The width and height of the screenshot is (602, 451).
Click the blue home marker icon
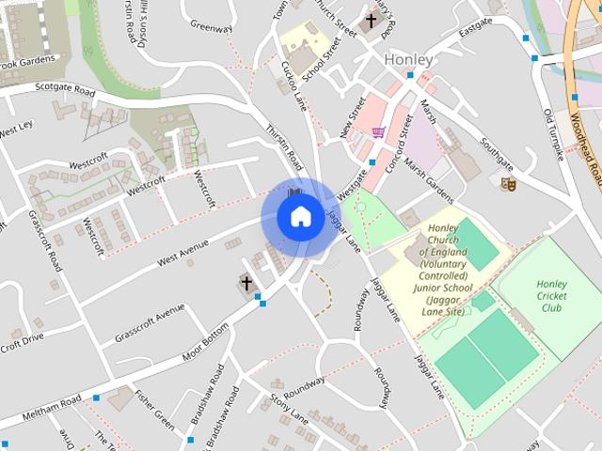(x=299, y=217)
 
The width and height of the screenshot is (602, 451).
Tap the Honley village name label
(x=408, y=60)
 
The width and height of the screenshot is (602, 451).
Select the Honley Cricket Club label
(x=551, y=296)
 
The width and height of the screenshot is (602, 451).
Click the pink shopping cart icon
(x=379, y=133)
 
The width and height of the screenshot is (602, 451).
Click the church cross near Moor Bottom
(x=246, y=282)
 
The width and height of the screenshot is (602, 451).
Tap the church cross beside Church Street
(x=371, y=21)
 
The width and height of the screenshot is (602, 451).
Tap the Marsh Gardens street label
(x=429, y=179)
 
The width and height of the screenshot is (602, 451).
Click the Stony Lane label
(x=289, y=410)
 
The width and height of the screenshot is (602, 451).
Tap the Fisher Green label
(x=154, y=410)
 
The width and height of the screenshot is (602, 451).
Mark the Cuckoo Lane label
(x=294, y=84)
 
